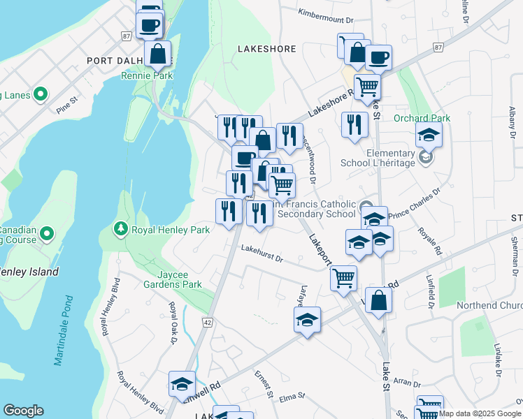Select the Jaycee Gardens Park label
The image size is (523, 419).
coord(172,279)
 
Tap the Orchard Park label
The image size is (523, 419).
coord(422,119)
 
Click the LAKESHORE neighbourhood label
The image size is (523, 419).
coord(266,50)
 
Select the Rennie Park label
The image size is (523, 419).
coord(147,75)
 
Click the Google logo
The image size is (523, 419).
coord(22,411)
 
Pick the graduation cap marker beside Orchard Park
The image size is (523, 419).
coord(429,135)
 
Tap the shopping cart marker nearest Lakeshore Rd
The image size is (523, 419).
coord(367,87)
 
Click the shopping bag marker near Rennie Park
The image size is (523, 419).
coord(158,52)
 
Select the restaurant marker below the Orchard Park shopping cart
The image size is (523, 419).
coord(355,124)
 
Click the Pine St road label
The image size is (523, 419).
coord(65,108)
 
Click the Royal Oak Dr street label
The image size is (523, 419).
coord(172,323)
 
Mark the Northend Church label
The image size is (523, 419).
coord(489,306)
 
